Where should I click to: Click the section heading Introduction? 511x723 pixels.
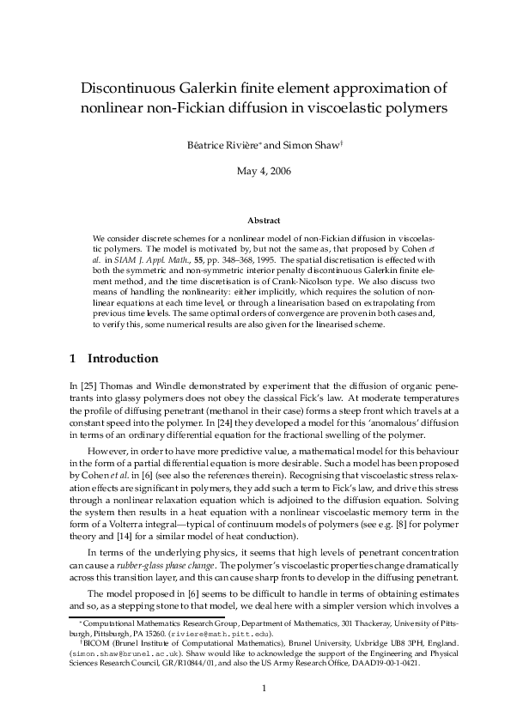124,358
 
